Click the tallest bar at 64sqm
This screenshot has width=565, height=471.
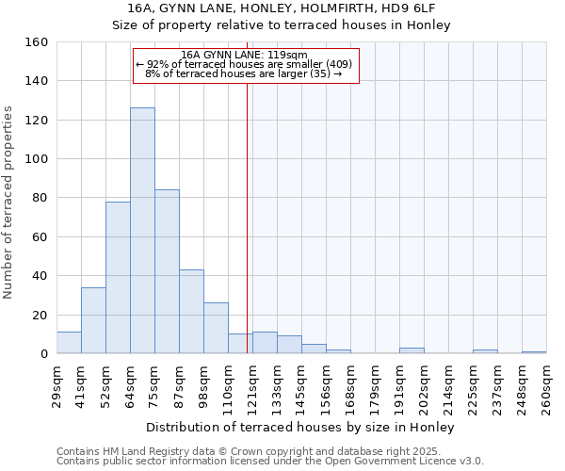click(x=142, y=231)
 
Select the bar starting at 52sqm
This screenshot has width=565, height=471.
click(x=118, y=278)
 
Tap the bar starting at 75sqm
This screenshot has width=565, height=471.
click(x=167, y=271)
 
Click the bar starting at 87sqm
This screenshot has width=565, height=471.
click(x=191, y=312)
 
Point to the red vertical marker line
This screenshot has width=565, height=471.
click(x=247, y=217)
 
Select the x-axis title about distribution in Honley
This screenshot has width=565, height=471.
click(x=301, y=428)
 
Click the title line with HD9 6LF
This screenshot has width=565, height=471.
click(x=282, y=8)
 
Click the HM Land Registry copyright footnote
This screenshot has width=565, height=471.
click(x=268, y=451)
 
